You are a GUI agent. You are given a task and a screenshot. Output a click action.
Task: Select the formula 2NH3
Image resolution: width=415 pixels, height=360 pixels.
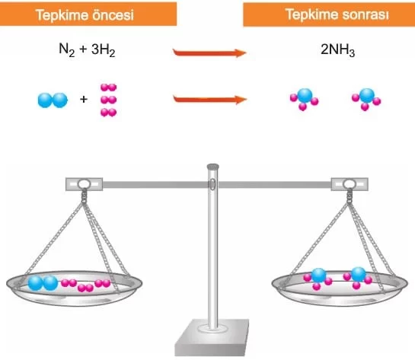point(337,50)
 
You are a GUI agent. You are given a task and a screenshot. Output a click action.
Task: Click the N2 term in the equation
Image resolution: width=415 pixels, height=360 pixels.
point(67,50)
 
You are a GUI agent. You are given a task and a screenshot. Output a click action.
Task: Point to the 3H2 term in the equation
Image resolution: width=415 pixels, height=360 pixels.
point(104,50)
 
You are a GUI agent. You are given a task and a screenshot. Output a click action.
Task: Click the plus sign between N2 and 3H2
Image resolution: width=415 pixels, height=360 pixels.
point(83,49)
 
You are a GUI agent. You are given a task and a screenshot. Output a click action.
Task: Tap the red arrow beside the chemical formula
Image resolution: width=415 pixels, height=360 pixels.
point(209,53)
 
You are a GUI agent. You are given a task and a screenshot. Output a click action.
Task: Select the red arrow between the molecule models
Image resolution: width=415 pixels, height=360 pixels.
point(210,100)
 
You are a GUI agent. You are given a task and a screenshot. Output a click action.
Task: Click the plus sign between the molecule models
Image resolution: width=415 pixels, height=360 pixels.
point(84,99)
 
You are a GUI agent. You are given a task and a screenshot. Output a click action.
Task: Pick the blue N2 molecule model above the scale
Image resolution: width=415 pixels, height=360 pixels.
point(53,100)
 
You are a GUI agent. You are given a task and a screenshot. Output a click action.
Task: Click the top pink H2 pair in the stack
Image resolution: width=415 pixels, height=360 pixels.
point(109,88)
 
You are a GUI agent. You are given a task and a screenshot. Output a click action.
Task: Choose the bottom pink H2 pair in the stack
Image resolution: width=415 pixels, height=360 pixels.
point(109,113)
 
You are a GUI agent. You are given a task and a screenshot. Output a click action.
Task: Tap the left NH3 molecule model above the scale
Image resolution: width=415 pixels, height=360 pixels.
point(305,99)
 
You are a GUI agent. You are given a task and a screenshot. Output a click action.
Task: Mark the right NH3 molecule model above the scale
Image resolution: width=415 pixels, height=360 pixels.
point(366,99)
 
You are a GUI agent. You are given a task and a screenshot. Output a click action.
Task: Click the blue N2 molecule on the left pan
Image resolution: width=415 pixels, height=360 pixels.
point(43,283)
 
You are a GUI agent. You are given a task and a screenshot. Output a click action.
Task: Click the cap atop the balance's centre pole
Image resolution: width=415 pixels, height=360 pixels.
point(212,167)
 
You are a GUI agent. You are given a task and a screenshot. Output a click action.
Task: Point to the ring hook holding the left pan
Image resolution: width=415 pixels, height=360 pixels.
point(84,184)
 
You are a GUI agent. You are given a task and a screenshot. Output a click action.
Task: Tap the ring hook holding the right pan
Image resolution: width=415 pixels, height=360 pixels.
point(350,184)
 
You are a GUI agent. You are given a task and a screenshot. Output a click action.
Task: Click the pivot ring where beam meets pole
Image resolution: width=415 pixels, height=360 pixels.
point(212,184)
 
